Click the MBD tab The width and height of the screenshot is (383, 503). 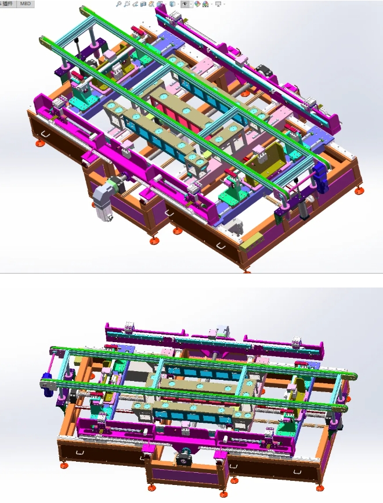(x=26, y=3)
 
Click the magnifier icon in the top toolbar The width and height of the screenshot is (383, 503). (x=118, y=3)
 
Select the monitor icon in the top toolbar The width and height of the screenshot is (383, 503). (x=218, y=3)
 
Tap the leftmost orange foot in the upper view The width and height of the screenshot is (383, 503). (x=39, y=143)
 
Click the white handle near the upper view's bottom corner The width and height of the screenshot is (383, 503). (x=221, y=246)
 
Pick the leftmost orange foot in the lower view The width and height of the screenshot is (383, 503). (x=63, y=463)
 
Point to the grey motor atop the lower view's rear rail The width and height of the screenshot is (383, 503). (x=221, y=331)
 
